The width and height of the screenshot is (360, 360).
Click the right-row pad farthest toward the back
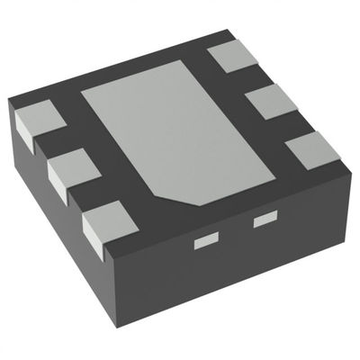coord(232,56)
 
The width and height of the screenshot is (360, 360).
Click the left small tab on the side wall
coord(207,240)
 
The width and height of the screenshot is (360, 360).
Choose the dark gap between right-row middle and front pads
coord(292,123)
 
